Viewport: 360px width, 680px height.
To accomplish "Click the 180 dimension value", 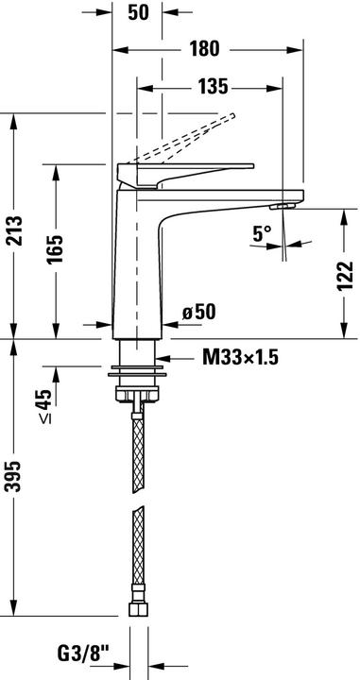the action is coord(204,48).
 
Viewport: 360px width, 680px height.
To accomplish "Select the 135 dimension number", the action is coord(213,87).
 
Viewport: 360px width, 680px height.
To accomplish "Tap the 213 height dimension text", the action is coord(14,230).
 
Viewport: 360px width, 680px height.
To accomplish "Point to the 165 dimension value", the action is coord(55,249).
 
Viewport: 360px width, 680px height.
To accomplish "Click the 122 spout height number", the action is coord(345,276).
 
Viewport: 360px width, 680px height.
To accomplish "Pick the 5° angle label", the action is coord(262,234).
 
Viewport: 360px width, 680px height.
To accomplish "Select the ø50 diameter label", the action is coord(198,312).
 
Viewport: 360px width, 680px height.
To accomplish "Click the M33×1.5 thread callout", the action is coord(240,358).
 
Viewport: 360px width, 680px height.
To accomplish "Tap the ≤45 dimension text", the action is coord(44,406).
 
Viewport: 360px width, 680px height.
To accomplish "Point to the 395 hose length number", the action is coord(13,477).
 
